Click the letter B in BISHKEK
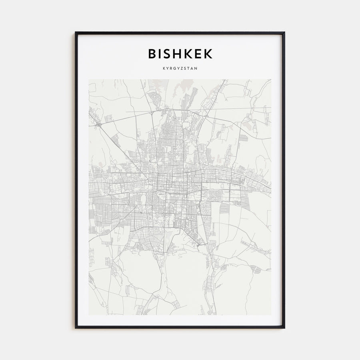pos(152,54)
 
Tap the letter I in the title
pos(162,54)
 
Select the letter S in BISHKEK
pos(170,54)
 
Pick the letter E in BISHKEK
pos(200,54)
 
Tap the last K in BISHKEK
pos(209,54)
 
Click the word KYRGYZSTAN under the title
pos(180,68)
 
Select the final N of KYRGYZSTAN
pos(196,68)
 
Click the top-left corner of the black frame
pos(76,32)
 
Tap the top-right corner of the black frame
pos(284,32)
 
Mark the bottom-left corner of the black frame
pos(76,328)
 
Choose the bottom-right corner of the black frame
pos(284,328)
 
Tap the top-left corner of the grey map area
pos(89,79)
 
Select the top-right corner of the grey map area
pos(271,79)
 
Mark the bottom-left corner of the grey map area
pos(89,315)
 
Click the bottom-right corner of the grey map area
pos(271,315)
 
